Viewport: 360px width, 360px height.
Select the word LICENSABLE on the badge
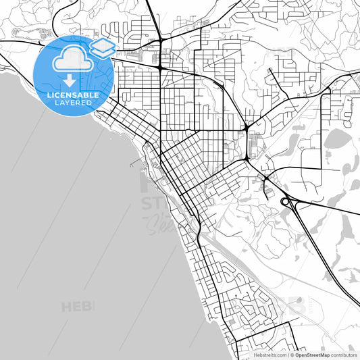pyautogui.click(x=72, y=95)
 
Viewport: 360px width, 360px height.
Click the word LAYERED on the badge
pyautogui.click(x=72, y=103)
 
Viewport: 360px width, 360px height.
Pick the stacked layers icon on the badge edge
pyautogui.click(x=103, y=48)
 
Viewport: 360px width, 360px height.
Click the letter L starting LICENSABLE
pyautogui.click(x=48, y=95)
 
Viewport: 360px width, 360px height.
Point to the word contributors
pyautogui.click(x=344, y=354)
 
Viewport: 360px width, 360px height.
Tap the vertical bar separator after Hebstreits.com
pyautogui.click(x=287, y=354)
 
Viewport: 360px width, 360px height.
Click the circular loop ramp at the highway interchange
pyautogui.click(x=286, y=201)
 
